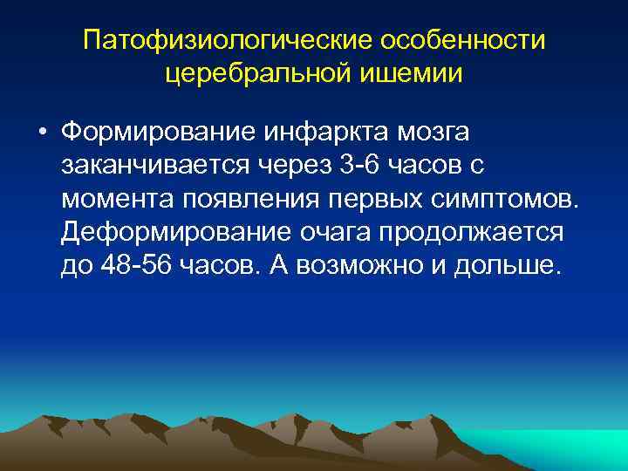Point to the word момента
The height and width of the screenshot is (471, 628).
[116, 199]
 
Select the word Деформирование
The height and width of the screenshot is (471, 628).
[168, 232]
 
